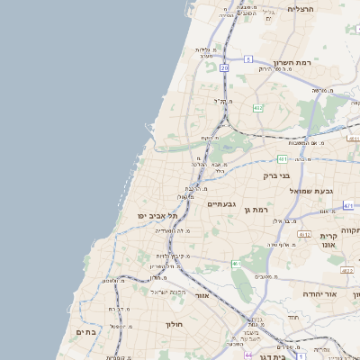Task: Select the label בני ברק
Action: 283,176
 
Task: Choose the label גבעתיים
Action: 220,204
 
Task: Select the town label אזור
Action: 202,295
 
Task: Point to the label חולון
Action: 174,323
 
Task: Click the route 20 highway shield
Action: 223,67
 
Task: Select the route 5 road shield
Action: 247,58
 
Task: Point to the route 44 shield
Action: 248,355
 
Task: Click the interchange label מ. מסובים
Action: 265,276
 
